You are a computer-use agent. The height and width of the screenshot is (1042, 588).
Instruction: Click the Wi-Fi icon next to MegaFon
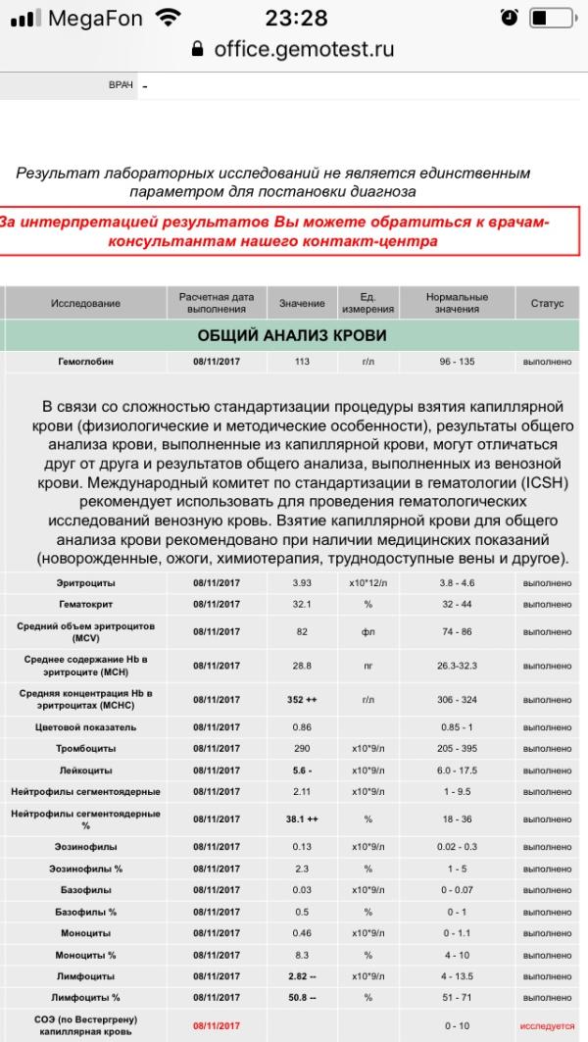[x=169, y=18]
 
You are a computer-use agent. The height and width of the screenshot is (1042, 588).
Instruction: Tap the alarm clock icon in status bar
[x=508, y=19]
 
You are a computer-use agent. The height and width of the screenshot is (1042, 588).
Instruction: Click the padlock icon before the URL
[x=198, y=49]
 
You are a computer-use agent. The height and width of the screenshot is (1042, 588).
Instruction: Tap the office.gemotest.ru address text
[x=304, y=49]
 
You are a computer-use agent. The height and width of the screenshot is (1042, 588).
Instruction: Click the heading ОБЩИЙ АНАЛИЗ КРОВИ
[x=292, y=335]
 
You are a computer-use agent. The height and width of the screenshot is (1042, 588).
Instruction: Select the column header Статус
[x=547, y=304]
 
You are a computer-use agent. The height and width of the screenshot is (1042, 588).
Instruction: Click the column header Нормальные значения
[x=457, y=304]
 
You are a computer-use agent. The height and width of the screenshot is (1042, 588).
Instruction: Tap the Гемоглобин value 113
[x=301, y=362]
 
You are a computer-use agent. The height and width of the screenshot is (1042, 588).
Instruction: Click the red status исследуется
[x=547, y=1025]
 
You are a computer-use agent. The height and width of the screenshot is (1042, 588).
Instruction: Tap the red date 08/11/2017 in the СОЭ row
[x=217, y=1025]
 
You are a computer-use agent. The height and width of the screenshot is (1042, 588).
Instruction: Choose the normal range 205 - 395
[x=457, y=749]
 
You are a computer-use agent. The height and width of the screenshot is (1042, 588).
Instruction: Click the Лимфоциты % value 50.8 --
[x=301, y=997]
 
